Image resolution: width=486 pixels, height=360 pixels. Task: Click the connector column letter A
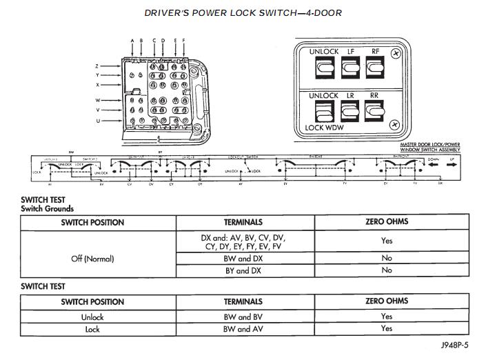(x=132, y=41)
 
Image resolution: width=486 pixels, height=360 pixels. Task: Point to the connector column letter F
(x=184, y=41)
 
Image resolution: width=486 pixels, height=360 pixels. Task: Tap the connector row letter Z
(x=98, y=66)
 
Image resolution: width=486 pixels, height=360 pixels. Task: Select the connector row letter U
(x=98, y=121)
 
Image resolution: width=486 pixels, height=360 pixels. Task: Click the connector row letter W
(x=98, y=100)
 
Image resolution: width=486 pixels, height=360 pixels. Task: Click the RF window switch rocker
(x=374, y=68)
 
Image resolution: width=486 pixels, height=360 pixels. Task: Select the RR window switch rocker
(x=374, y=111)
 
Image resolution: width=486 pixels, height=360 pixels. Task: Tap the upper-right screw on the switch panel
(x=394, y=52)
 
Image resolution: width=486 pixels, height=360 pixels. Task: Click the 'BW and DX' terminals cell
(x=245, y=258)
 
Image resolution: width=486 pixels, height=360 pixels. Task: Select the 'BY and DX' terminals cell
(x=245, y=270)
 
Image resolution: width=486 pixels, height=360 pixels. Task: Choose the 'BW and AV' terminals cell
(x=245, y=329)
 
